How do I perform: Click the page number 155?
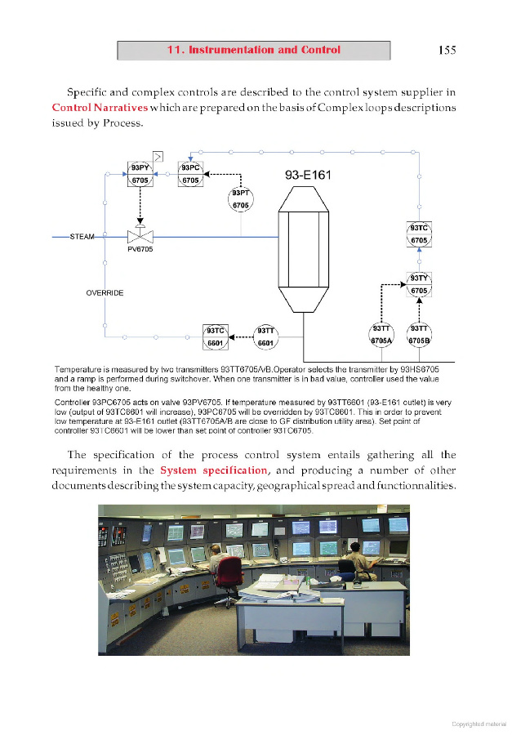coord(447,50)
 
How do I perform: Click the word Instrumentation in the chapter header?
coord(230,50)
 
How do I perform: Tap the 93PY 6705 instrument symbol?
coord(140,174)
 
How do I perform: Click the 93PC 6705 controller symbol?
coord(190,174)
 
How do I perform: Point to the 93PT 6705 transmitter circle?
coord(240,198)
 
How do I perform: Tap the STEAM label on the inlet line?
coord(82,237)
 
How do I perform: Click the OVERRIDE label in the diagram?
coord(105,292)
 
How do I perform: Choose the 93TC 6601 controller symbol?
coord(216,336)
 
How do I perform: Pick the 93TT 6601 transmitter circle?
coord(265,336)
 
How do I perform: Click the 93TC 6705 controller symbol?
coord(419,234)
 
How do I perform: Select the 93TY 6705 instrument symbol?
coord(419,284)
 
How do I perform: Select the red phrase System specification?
coord(213,470)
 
